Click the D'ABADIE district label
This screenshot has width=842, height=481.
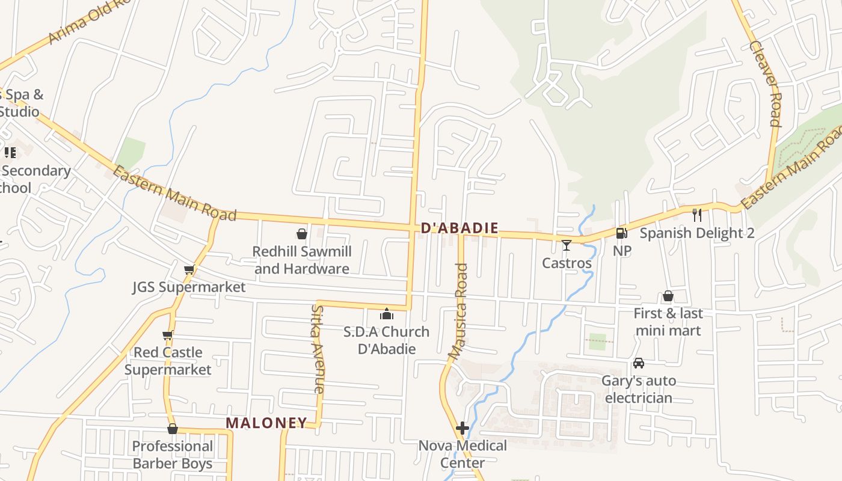pos(460,228)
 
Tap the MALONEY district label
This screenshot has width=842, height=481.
pos(266,423)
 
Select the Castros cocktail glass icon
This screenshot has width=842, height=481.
pos(566,245)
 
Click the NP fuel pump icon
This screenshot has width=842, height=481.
pos(621,233)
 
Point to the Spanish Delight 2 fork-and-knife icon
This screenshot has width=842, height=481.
pos(697,215)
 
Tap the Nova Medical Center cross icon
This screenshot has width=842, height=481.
pos(462,428)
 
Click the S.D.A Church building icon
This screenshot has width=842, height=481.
pos(386,314)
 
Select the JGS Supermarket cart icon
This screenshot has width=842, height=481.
pos(189,269)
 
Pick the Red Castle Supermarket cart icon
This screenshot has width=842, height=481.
pos(168,335)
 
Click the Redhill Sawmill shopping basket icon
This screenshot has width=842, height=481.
pos(302,233)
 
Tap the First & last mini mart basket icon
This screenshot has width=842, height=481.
pos(668,296)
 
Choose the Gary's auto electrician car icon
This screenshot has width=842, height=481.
pos(638,363)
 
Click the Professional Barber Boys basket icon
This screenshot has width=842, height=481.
pos(173,429)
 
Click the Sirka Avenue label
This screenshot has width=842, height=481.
pos(318,349)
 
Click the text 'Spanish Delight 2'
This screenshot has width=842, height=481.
pos(696,233)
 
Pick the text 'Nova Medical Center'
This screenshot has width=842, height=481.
pos(462,454)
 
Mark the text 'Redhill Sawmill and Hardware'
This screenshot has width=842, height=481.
pos(301,260)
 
